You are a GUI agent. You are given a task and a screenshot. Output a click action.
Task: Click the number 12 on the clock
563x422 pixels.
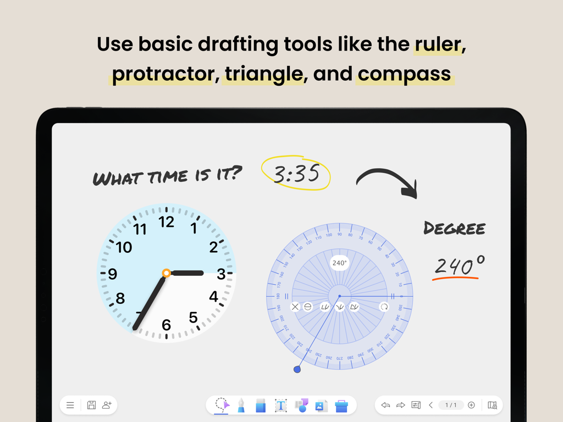click(166, 222)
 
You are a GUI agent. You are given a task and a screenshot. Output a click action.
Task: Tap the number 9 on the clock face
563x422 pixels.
click(113, 274)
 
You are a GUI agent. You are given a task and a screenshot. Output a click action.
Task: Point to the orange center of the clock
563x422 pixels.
click(166, 273)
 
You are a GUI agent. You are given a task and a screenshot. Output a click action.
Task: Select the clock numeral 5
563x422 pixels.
click(193, 318)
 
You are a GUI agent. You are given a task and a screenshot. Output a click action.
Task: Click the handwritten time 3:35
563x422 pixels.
click(296, 174)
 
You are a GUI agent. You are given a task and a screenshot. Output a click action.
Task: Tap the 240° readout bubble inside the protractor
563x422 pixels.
click(339, 263)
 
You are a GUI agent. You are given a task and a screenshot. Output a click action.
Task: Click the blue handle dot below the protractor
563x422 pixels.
click(297, 370)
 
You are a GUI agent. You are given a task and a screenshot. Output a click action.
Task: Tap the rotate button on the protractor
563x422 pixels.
click(384, 307)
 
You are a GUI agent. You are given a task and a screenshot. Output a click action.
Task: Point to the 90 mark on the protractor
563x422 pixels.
click(340, 234)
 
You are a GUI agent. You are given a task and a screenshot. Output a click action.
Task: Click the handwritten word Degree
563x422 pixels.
click(454, 228)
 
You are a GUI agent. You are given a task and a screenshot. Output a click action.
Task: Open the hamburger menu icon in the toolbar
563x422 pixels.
click(70, 406)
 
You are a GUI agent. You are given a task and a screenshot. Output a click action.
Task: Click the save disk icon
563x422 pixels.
click(91, 406)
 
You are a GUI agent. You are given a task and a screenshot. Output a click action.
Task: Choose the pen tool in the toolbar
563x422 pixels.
click(241, 406)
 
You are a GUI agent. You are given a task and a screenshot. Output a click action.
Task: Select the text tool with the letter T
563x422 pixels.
click(280, 406)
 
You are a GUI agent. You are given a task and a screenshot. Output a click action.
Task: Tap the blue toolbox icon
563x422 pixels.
click(341, 406)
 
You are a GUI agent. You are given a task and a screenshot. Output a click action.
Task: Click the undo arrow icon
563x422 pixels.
click(385, 406)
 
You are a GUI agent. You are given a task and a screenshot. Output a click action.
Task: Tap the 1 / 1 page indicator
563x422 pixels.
click(451, 406)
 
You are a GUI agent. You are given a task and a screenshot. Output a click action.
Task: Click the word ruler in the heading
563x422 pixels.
click(437, 45)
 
